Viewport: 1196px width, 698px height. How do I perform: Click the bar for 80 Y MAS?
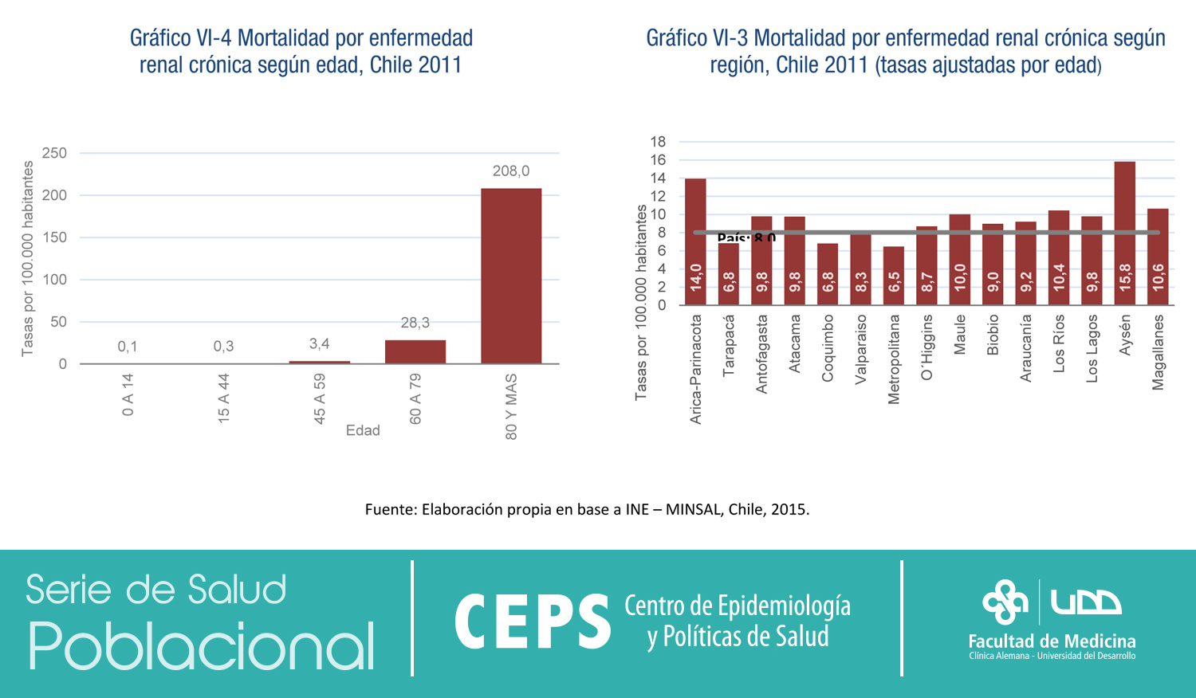(511, 276)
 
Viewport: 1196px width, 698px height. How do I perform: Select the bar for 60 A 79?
(415, 351)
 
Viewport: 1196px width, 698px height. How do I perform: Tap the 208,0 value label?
(511, 171)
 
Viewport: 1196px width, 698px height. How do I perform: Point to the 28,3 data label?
(415, 323)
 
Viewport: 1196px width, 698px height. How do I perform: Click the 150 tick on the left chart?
(54, 237)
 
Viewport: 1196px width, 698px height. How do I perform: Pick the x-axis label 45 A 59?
(320, 398)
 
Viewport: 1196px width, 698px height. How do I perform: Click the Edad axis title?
(363, 430)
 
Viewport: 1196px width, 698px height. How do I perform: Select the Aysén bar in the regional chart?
(1125, 233)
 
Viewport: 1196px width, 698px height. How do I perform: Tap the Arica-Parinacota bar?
(695, 241)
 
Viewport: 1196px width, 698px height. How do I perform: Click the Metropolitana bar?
(894, 275)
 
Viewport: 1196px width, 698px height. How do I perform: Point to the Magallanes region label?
(1159, 351)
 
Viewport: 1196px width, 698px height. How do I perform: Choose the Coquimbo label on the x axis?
(828, 348)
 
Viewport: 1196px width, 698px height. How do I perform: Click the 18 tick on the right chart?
(658, 142)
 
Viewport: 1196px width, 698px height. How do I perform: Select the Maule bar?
(960, 259)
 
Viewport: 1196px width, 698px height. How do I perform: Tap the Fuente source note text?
(587, 509)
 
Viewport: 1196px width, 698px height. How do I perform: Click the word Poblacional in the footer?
(201, 645)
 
